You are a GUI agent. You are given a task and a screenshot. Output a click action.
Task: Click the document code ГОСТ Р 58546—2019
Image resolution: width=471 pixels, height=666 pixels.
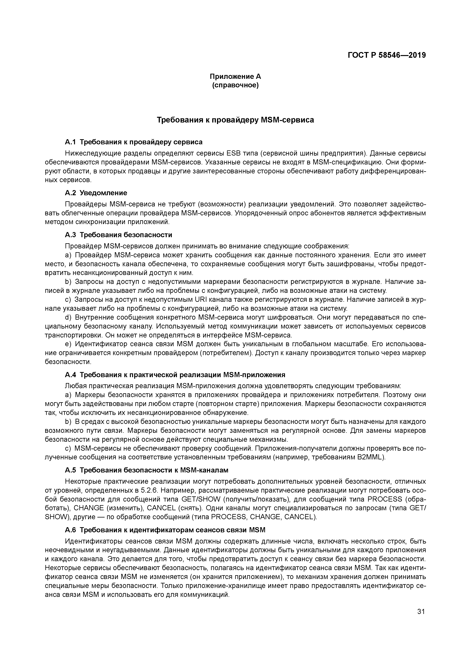tap(387, 55)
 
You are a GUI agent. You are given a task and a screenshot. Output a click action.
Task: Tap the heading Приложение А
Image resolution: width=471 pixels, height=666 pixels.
tap(235, 77)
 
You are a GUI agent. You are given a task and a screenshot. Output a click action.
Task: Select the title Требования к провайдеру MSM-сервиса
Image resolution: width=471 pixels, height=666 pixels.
tap(235, 120)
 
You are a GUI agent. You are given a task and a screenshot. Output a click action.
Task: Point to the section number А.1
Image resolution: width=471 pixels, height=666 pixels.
tap(70, 142)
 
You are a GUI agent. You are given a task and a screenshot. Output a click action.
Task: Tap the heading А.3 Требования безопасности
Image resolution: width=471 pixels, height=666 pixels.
tap(118, 234)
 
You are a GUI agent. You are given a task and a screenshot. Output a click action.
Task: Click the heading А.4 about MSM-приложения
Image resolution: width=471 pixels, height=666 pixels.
tap(175, 375)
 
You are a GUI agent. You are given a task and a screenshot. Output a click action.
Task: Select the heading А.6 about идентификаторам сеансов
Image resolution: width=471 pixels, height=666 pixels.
tap(165, 530)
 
